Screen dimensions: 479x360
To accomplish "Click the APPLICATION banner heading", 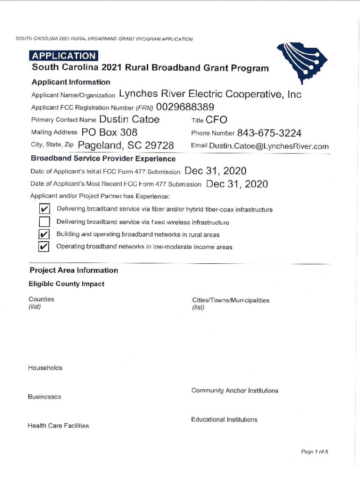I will pyautogui.click(x=63, y=56).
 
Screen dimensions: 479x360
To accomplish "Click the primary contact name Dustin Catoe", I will pyautogui.click(x=130, y=120).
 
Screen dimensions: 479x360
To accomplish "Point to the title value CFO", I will pyautogui.click(x=216, y=120).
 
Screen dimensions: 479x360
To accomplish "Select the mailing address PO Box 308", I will pyautogui.click(x=109, y=132).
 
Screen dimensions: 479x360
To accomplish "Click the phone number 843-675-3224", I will pyautogui.click(x=269, y=133).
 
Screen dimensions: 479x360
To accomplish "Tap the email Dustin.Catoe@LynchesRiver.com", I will pyautogui.click(x=269, y=146).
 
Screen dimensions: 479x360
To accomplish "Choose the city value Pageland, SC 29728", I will pyautogui.click(x=126, y=145).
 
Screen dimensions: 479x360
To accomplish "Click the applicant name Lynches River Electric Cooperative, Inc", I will pyautogui.click(x=210, y=94).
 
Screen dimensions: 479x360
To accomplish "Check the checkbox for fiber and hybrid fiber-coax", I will pyautogui.click(x=44, y=209).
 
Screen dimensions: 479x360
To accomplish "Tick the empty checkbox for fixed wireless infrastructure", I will pyautogui.click(x=44, y=222).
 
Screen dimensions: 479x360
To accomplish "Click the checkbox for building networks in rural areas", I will pyautogui.click(x=44, y=234).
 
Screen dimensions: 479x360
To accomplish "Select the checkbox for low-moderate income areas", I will pyautogui.click(x=44, y=247).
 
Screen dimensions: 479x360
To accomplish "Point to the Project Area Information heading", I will pyautogui.click(x=74, y=270).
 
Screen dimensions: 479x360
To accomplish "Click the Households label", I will pyautogui.click(x=45, y=368).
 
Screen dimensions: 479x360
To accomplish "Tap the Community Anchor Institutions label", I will pyautogui.click(x=234, y=391).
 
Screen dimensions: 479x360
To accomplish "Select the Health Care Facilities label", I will pyautogui.click(x=58, y=426).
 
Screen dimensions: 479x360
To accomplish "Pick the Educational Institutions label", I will pyautogui.click(x=224, y=420).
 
